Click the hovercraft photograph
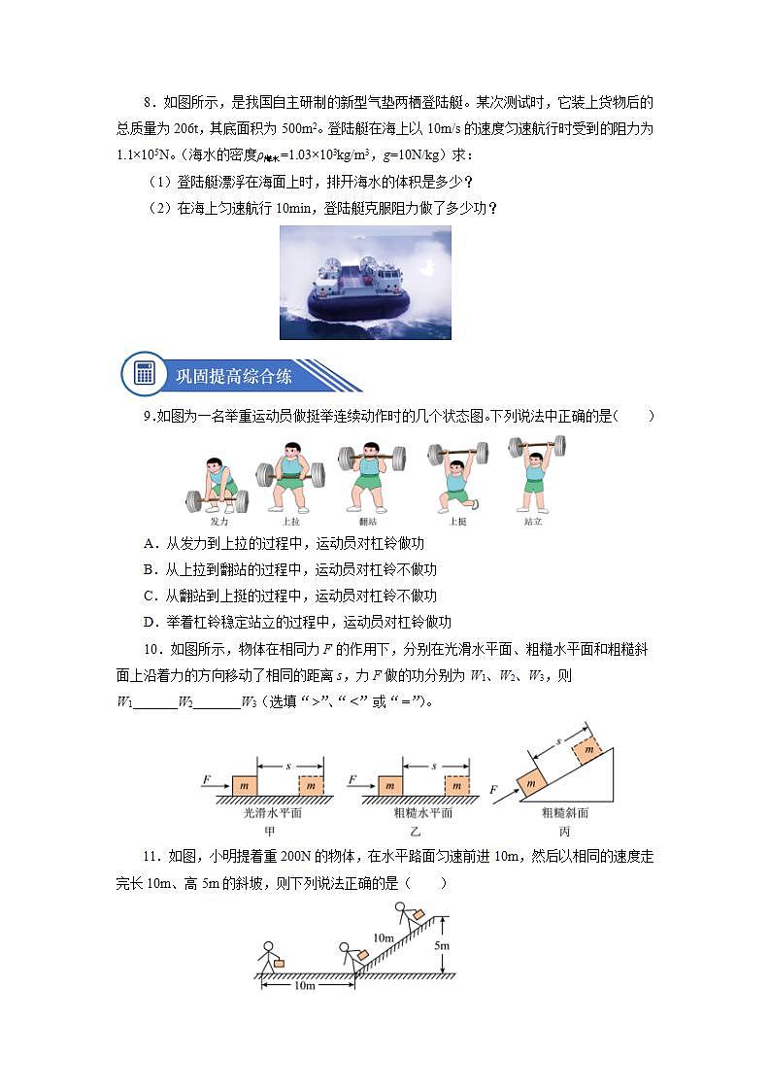[x=365, y=283]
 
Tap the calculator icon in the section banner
[x=146, y=374]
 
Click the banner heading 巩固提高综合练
[x=233, y=375]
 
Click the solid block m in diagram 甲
[x=244, y=784]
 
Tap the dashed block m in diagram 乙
[x=457, y=784]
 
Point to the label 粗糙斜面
[x=565, y=813]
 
